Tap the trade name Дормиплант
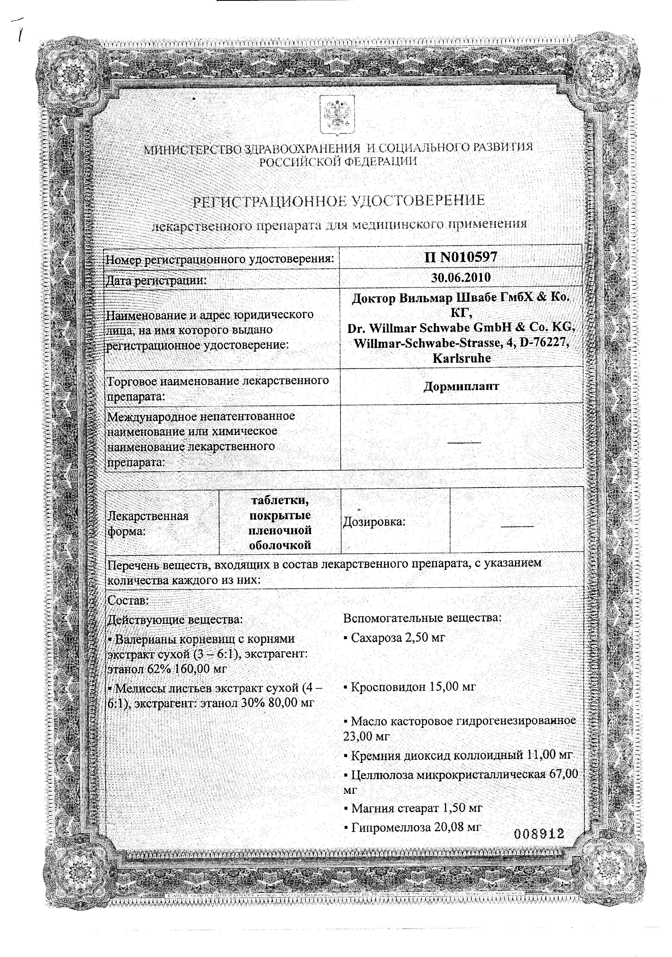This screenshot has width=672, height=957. click(461, 386)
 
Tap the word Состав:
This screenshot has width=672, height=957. click(128, 601)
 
